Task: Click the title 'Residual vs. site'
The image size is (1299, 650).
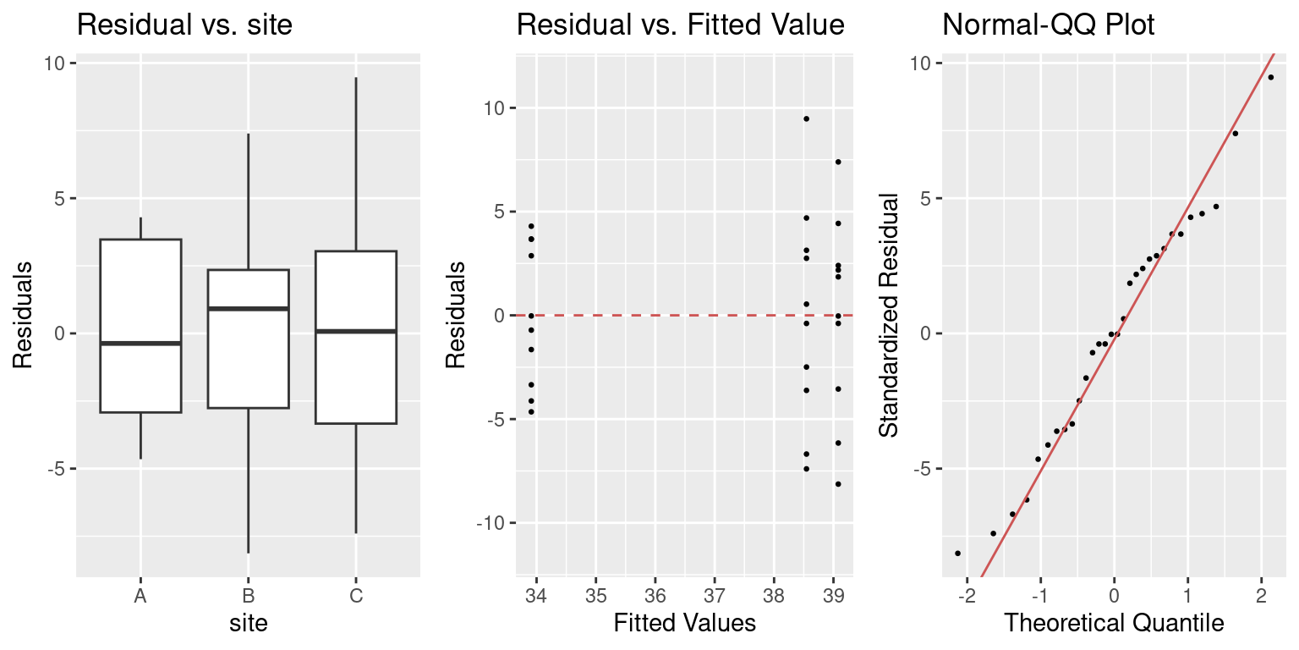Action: coord(184,25)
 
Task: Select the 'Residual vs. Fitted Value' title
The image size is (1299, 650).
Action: coord(680,25)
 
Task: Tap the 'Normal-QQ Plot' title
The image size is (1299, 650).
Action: coord(1048,25)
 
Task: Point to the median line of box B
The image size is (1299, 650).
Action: coord(248,309)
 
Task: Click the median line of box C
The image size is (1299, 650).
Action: coord(356,331)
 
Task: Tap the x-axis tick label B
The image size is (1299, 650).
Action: coord(248,597)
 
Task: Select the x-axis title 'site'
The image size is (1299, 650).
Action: coord(248,625)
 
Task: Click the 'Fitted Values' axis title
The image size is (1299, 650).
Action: coord(684,625)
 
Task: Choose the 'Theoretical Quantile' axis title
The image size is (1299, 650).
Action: coord(1114,625)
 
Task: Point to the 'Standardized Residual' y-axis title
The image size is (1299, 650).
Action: coord(889,316)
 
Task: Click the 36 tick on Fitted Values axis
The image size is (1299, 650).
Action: coord(655,597)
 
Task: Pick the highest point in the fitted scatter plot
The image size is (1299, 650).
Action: coord(806,118)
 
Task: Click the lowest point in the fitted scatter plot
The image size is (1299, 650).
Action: coord(838,484)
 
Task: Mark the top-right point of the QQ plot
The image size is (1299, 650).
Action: coord(1270,77)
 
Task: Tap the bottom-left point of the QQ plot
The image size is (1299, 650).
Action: coord(957,554)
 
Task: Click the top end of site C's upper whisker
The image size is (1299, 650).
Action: coord(356,78)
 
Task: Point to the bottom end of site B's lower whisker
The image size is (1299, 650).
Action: coord(248,553)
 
